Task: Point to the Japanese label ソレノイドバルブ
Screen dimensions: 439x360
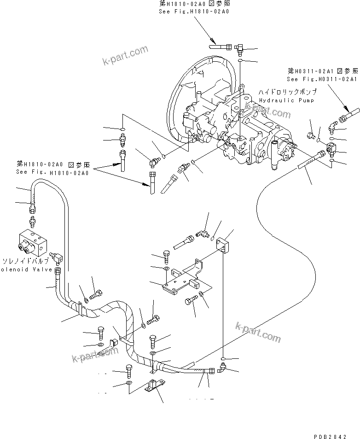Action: (25, 261)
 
